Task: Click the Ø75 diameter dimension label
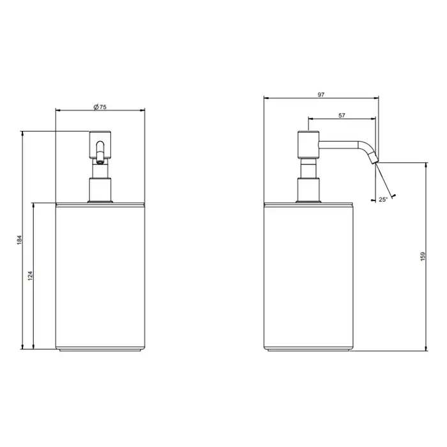click(x=100, y=107)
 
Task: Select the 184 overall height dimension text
click(x=19, y=239)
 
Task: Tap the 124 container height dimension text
click(x=30, y=276)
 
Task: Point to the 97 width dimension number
click(x=321, y=95)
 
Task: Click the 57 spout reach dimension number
click(x=342, y=116)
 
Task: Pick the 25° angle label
click(x=383, y=199)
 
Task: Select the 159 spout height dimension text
click(x=423, y=256)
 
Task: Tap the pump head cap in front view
click(x=100, y=145)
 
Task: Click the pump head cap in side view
click(x=308, y=144)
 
